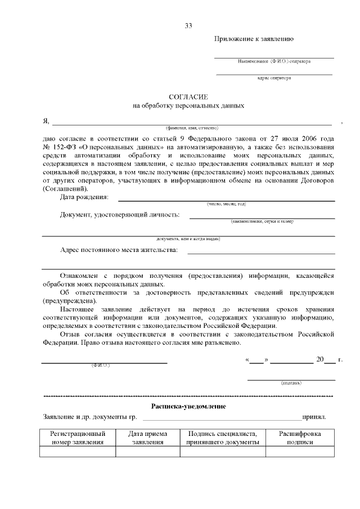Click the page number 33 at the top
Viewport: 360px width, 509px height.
click(188, 26)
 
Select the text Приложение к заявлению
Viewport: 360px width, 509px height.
click(253, 39)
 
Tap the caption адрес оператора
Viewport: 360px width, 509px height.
click(274, 78)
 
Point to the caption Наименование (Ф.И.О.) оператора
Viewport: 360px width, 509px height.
click(274, 61)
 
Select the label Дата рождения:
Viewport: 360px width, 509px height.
click(84, 197)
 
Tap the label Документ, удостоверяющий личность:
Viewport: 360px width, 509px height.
click(120, 215)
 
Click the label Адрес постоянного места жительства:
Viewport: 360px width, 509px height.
click(119, 250)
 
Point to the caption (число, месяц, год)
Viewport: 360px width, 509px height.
click(226, 204)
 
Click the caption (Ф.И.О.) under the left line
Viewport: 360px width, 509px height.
click(101, 366)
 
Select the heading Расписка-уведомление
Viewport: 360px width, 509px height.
click(188, 406)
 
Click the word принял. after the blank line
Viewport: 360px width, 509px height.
click(314, 418)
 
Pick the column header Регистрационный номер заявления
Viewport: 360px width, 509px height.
click(78, 438)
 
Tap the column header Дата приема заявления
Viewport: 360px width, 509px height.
click(147, 438)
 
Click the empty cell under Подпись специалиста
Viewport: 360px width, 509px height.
click(222, 452)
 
